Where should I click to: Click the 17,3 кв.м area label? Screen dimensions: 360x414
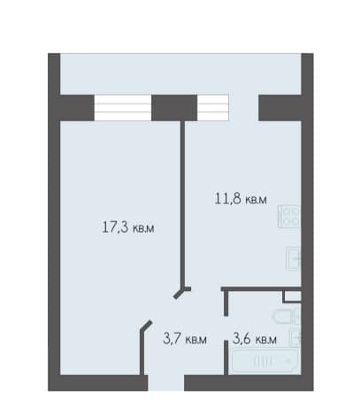tap(128, 227)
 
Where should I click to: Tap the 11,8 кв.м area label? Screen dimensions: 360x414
tap(241, 199)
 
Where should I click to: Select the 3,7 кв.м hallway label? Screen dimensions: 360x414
tap(185, 340)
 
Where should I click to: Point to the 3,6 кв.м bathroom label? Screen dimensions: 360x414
tap(255, 339)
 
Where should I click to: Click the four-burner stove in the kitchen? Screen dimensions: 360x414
tap(289, 217)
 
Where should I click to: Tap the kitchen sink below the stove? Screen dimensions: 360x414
tap(294, 258)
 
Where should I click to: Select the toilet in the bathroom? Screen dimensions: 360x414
tap(287, 317)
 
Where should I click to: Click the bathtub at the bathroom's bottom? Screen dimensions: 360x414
tap(265, 361)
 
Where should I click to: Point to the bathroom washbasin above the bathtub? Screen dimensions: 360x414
tap(295, 337)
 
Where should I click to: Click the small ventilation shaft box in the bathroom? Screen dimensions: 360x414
tap(292, 296)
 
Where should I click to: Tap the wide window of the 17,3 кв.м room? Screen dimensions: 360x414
tap(123, 108)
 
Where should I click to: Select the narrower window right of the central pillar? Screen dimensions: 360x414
tap(213, 108)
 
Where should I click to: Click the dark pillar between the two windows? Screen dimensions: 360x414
tap(174, 108)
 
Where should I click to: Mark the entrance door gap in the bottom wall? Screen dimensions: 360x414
tap(166, 383)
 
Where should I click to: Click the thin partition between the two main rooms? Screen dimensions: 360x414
tap(183, 203)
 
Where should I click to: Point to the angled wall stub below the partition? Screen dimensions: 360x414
tap(182, 292)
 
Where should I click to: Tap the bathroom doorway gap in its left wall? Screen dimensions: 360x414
tap(226, 328)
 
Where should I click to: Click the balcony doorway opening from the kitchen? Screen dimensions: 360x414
tap(244, 108)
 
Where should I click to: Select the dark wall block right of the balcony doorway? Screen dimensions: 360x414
tap(280, 108)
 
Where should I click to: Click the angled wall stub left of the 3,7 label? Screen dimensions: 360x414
tap(145, 348)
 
